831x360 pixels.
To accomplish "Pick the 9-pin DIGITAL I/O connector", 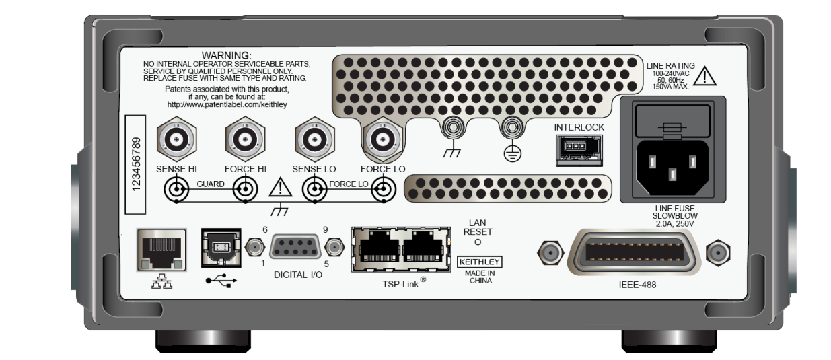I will point(294,248).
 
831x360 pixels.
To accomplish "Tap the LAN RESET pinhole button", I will point(478,242).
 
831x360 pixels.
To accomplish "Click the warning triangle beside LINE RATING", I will point(704,77).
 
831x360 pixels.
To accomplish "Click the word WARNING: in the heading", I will point(226,55).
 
